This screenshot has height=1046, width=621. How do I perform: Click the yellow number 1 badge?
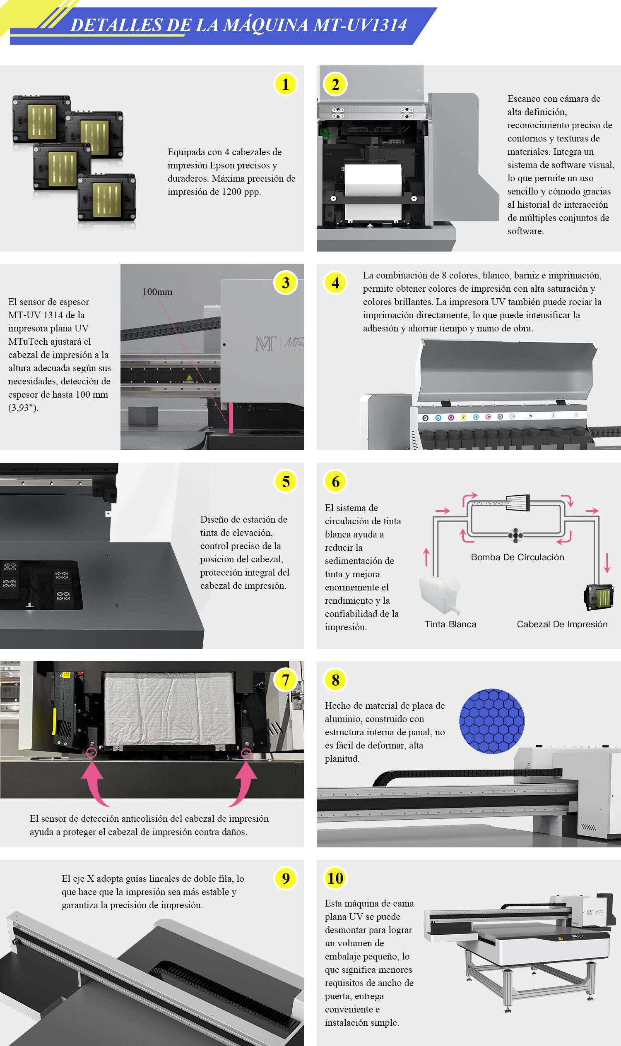click(285, 84)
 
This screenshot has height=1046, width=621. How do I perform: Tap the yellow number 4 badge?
click(335, 283)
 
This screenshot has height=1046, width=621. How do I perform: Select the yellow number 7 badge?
click(285, 680)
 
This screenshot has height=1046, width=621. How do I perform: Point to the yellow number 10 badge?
click(335, 878)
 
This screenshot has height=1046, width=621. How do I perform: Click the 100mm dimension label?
click(157, 292)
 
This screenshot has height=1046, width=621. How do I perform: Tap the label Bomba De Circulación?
click(517, 557)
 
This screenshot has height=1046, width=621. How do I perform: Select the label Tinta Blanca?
click(450, 624)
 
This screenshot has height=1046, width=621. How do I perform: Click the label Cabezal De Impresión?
click(562, 624)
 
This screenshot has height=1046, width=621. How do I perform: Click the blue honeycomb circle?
click(492, 721)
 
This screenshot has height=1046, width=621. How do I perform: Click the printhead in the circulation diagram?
click(599, 597)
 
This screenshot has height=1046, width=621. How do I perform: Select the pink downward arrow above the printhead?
click(607, 563)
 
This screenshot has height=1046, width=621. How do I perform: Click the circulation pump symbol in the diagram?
click(515, 535)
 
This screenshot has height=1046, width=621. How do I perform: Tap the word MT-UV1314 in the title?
click(360, 25)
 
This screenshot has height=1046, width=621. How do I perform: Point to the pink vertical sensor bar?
click(231, 417)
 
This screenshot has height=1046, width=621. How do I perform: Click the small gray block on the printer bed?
click(143, 415)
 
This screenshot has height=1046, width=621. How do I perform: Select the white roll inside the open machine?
click(373, 180)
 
